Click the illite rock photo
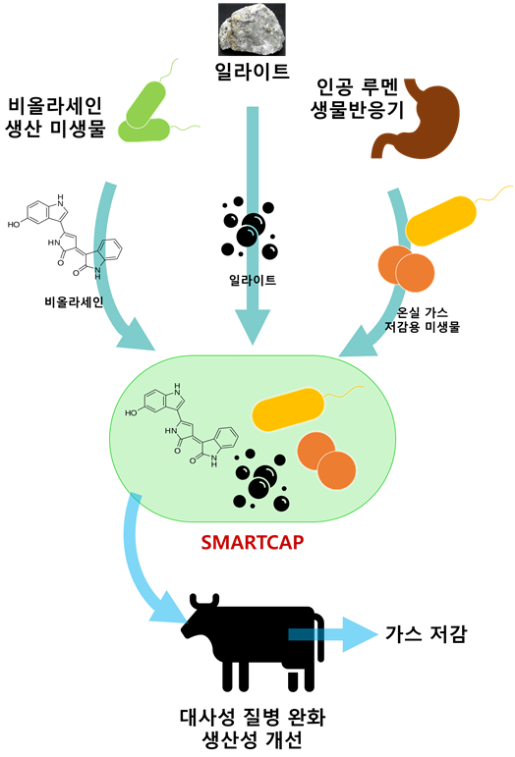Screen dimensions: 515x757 pos(252,29)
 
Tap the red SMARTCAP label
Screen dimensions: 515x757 pos(253,542)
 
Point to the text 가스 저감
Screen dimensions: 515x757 pos(427,633)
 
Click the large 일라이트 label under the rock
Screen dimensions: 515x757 pos(252,72)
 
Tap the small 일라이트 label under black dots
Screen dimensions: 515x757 pos(253,280)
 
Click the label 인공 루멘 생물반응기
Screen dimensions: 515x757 pos(357,98)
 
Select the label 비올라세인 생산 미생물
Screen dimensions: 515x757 pos(55,117)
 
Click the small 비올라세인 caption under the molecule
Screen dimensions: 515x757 pos(74,301)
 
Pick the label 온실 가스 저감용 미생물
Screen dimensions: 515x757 pos(422,320)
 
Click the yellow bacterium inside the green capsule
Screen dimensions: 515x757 pos(288,408)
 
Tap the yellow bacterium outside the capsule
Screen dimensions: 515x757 pos(440,220)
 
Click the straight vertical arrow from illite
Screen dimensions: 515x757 pos(253,225)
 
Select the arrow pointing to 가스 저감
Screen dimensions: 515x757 pos(332,634)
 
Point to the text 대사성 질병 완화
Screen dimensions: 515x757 pos(253,717)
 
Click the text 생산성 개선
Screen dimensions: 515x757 pos(253,739)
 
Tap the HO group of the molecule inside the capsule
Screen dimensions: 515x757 pos(131,412)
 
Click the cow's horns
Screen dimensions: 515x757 pos(204,600)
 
